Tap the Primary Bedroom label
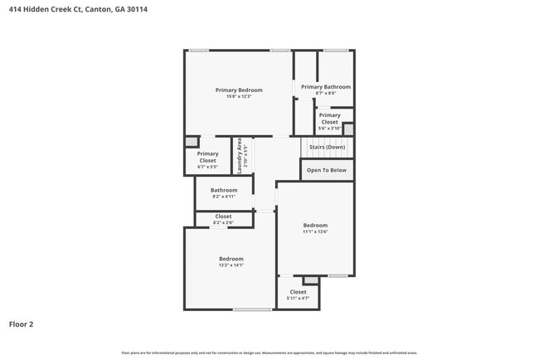239,90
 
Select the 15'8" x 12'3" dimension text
239,97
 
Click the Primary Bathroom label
325,86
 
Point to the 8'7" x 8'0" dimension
325,93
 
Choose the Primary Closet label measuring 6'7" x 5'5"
207,157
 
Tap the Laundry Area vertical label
240,155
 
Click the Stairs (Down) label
327,147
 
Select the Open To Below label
327,170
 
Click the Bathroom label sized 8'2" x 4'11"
224,190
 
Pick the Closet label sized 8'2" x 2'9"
224,216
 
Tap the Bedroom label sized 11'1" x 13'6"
315,225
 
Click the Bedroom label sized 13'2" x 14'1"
231,258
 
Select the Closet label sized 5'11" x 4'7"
298,292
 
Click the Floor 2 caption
22,324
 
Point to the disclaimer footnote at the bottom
269,353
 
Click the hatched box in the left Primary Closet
192,142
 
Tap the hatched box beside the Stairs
348,129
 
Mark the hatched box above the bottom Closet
310,280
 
